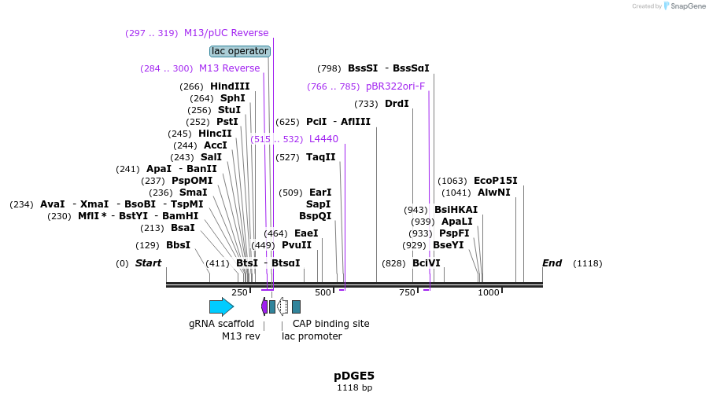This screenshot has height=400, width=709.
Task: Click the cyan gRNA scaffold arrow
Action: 221,306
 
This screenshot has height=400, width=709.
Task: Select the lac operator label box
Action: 240,51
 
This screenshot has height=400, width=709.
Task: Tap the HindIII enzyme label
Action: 230,86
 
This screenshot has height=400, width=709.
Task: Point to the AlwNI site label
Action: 493,193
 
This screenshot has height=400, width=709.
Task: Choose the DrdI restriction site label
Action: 397,104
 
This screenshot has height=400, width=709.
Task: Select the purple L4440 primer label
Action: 323,139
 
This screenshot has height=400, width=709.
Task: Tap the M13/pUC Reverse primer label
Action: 226,33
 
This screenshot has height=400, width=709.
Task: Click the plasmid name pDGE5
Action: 354,376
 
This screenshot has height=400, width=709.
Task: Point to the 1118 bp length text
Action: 354,387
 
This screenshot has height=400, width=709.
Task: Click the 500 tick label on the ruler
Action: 323,292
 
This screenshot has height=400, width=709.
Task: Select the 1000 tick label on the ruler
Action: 489,292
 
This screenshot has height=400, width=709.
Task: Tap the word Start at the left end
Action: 148,262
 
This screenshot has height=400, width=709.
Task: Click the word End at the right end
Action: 552,262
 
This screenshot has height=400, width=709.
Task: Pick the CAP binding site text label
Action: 330,323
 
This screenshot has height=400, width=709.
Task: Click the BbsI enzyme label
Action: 178,244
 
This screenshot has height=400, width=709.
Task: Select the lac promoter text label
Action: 312,336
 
